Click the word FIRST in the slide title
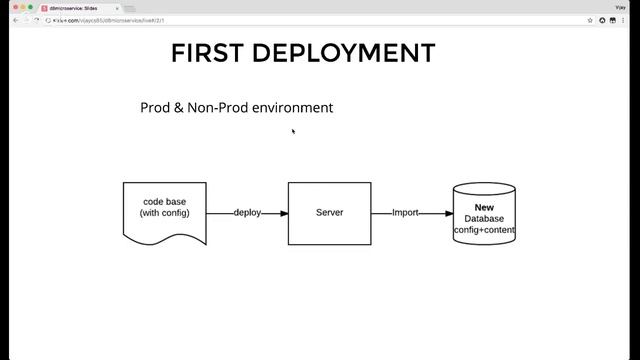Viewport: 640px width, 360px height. click(208, 53)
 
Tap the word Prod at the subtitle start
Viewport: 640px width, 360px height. click(155, 107)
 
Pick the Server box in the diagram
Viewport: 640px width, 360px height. click(329, 212)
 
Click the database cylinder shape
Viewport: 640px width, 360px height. click(484, 214)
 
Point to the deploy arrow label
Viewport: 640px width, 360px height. click(247, 213)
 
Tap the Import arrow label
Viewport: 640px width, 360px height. click(405, 213)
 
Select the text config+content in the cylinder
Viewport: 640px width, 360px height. click(484, 230)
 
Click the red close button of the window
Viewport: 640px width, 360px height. click(7, 7)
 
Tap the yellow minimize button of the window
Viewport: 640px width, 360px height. click(18, 7)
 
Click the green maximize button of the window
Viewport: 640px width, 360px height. click(29, 7)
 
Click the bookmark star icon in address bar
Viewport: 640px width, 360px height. click(590, 20)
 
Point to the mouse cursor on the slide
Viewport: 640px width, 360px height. click(293, 130)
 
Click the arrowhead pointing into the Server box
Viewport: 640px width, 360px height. click(284, 213)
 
